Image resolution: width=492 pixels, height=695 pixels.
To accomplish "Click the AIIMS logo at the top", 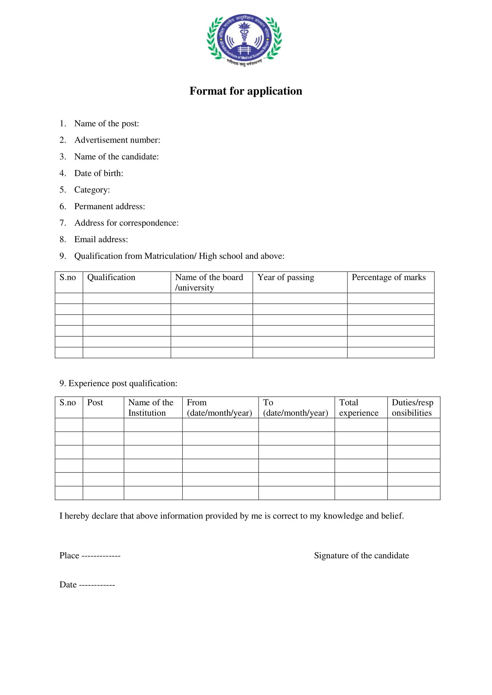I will click(244, 40).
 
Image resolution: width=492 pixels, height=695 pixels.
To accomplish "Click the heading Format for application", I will click(246, 91).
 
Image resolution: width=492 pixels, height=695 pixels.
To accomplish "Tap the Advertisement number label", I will click(117, 140).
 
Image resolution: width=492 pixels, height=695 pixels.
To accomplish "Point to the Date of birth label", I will click(98, 173).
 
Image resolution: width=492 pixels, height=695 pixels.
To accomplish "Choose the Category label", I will click(92, 190).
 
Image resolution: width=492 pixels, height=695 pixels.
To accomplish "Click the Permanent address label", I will click(109, 207).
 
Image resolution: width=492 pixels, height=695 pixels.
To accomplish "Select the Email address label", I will click(101, 239).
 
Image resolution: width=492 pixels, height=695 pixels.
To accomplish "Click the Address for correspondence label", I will click(126, 223).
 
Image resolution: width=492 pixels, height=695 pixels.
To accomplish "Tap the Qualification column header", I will click(111, 277).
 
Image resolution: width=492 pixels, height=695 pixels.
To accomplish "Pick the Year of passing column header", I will click(286, 277).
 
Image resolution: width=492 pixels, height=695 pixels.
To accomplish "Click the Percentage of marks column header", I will click(388, 277).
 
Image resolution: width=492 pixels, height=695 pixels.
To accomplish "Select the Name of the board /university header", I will click(209, 282).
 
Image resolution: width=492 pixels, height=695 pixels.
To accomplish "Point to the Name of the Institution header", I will click(151, 407).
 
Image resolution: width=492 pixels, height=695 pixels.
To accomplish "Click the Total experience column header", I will click(359, 407).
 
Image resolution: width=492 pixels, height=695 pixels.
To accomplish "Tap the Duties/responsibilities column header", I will click(412, 407).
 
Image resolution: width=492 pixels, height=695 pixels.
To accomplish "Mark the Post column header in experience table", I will click(95, 403).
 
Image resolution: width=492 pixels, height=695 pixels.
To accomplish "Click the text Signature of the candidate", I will click(361, 555).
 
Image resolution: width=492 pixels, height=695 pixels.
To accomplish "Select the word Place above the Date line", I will click(69, 555).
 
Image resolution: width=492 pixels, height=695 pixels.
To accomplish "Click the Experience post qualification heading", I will click(118, 383).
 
